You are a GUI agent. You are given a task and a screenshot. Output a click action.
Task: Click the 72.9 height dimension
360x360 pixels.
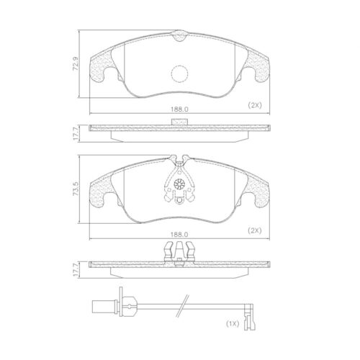[x=75, y=64]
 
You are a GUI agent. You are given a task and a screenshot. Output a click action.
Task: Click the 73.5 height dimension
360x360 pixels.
[x=76, y=189]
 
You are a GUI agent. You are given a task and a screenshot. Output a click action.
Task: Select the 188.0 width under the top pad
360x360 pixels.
[x=179, y=109]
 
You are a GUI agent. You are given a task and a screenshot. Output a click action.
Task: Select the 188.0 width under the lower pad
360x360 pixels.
[x=179, y=234]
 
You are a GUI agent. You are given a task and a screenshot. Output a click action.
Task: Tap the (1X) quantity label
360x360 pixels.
[x=233, y=324]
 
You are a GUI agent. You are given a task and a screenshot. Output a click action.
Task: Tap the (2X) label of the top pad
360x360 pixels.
[x=255, y=105]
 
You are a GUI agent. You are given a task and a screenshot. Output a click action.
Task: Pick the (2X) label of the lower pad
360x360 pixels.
[x=255, y=230]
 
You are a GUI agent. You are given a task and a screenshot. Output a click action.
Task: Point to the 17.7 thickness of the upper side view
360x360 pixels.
[x=75, y=134]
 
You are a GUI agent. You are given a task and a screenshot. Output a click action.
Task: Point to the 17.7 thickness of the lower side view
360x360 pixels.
[x=75, y=270]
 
